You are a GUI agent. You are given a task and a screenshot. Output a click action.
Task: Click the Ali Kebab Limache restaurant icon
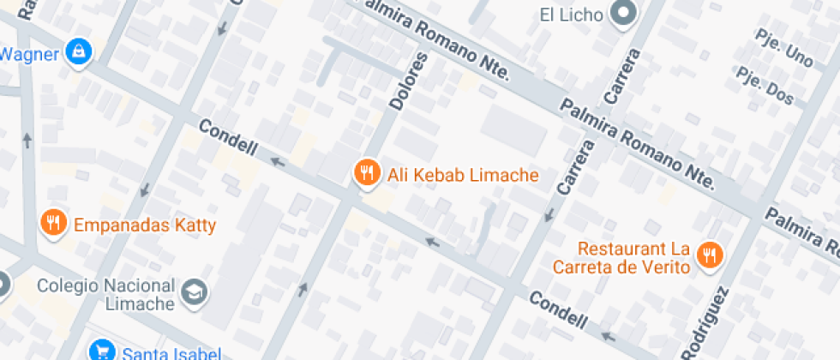point(367,173)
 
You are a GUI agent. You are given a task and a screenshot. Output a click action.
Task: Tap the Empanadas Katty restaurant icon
point(53,225)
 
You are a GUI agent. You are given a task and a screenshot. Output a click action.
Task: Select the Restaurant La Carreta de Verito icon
point(710,255)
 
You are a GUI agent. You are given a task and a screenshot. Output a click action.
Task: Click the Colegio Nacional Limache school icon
point(195,292)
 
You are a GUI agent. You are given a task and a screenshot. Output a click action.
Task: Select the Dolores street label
point(407,81)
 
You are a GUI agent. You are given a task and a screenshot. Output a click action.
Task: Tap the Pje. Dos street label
point(765,88)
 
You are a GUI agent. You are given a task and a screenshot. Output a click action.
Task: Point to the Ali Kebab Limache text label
point(463,175)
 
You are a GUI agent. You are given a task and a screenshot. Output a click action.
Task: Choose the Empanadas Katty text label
point(145,226)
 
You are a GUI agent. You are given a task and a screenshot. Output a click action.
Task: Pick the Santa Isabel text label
point(172,352)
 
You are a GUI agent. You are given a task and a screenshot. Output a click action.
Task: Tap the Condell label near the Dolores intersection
point(228,138)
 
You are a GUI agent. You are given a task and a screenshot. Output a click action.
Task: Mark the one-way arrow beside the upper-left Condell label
point(278,160)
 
